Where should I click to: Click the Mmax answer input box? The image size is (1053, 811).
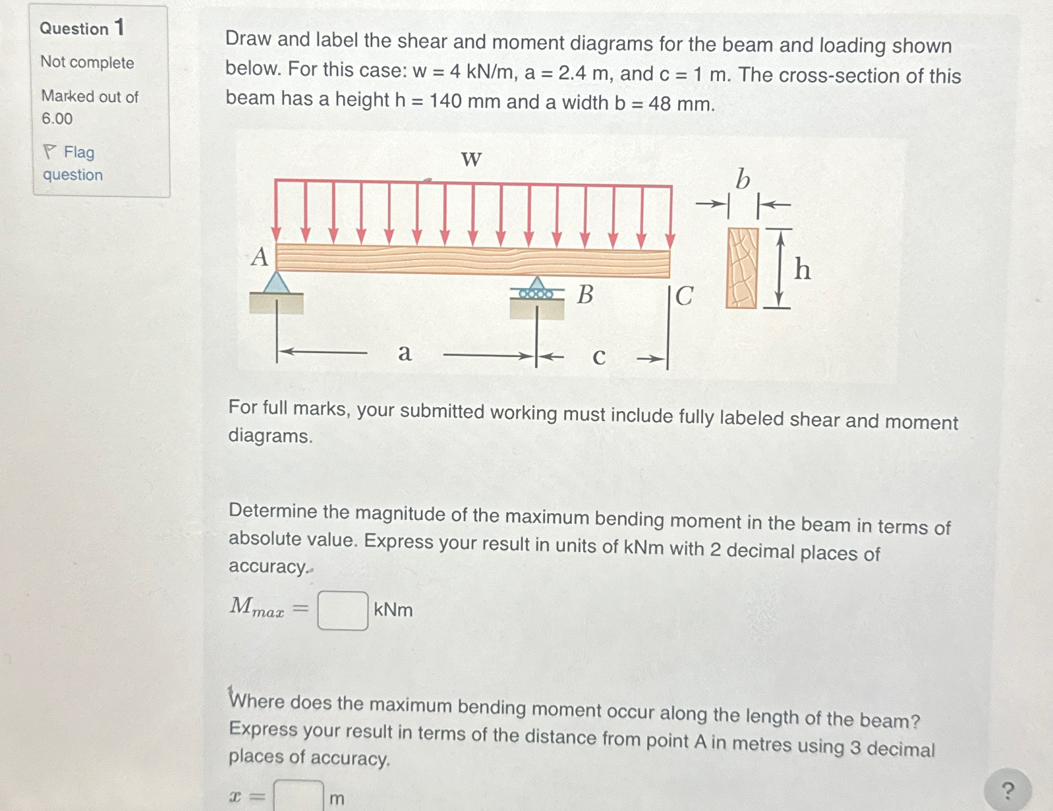click(343, 611)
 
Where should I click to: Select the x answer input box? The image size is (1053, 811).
click(299, 795)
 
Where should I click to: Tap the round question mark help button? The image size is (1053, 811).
click(1006, 790)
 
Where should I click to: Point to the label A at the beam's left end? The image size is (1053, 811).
click(260, 257)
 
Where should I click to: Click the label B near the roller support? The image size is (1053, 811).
click(585, 294)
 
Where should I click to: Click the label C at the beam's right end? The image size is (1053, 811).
click(685, 296)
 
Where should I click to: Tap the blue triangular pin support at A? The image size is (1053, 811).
click(277, 283)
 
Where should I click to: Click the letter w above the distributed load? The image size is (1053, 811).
click(471, 159)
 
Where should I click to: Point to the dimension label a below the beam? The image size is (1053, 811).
click(405, 353)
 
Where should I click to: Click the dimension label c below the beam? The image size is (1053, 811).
click(598, 356)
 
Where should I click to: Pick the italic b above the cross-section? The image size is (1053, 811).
click(743, 179)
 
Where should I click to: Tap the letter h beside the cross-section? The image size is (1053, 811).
click(802, 269)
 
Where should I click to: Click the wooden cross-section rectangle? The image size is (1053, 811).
click(742, 268)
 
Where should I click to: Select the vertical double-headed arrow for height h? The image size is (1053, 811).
click(780, 268)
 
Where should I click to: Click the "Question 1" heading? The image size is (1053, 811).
click(82, 28)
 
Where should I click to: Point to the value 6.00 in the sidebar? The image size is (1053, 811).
click(57, 119)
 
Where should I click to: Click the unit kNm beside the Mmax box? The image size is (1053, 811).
click(393, 610)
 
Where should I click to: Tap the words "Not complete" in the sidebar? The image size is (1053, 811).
click(87, 63)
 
